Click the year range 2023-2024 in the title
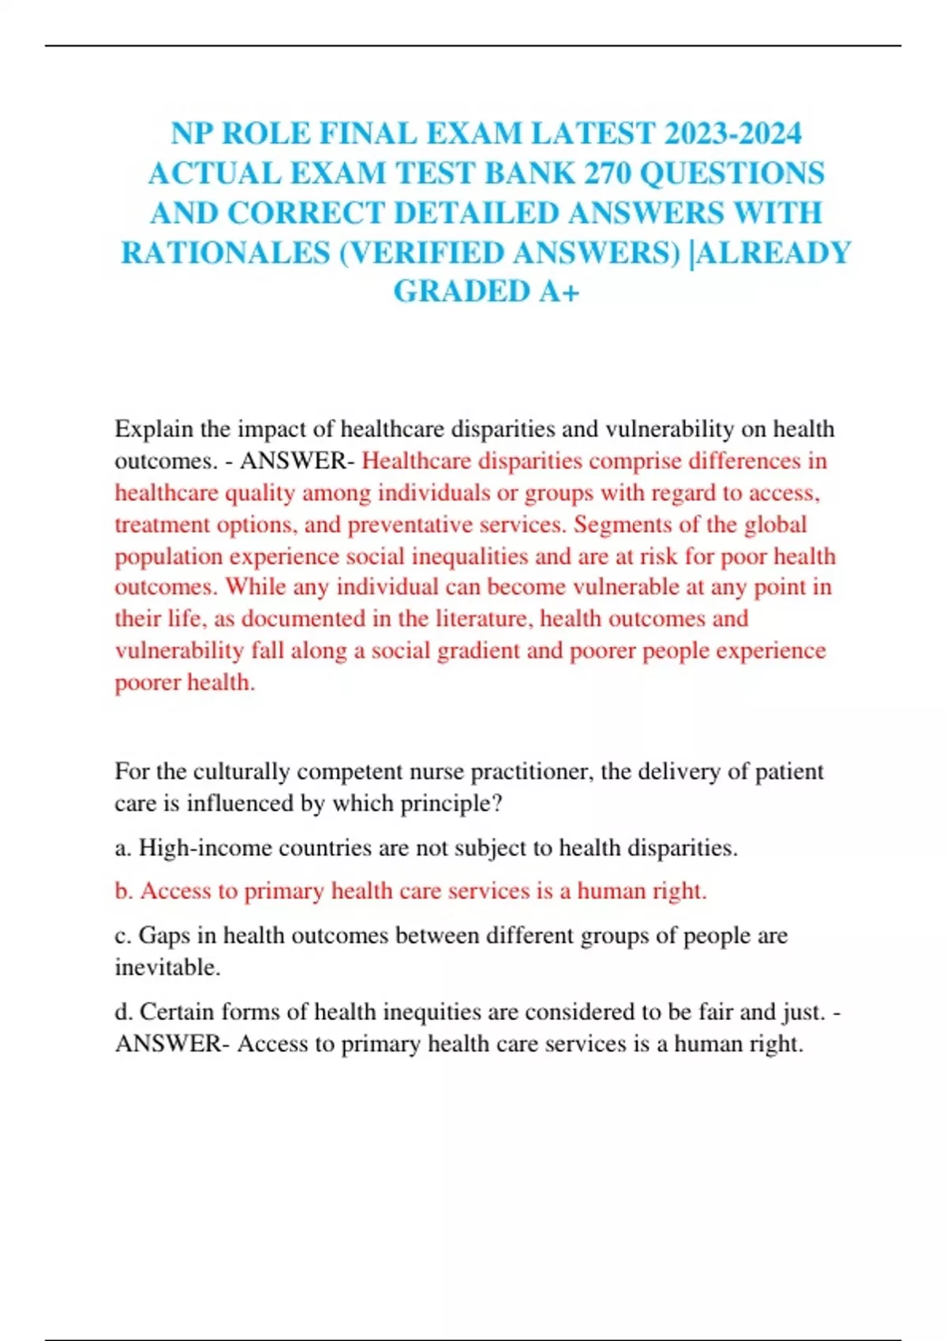point(733,133)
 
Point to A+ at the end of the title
point(560,291)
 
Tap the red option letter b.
point(124,891)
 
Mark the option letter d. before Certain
point(124,1012)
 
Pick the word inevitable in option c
point(167,967)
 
